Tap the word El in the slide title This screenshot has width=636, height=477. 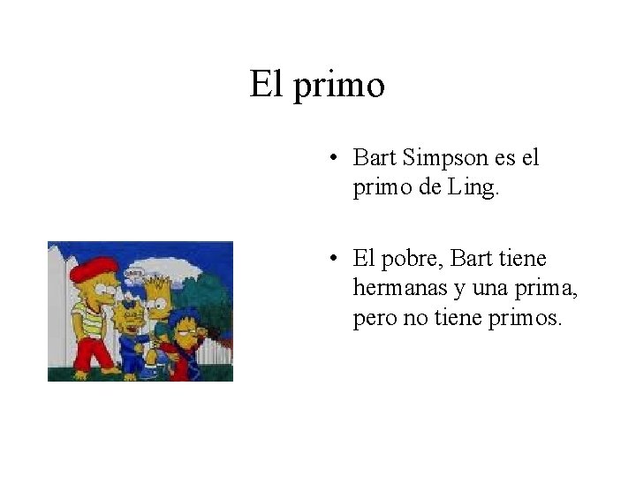point(266,85)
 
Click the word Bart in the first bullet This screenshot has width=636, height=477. point(375,159)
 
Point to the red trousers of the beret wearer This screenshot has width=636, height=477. point(92,353)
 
